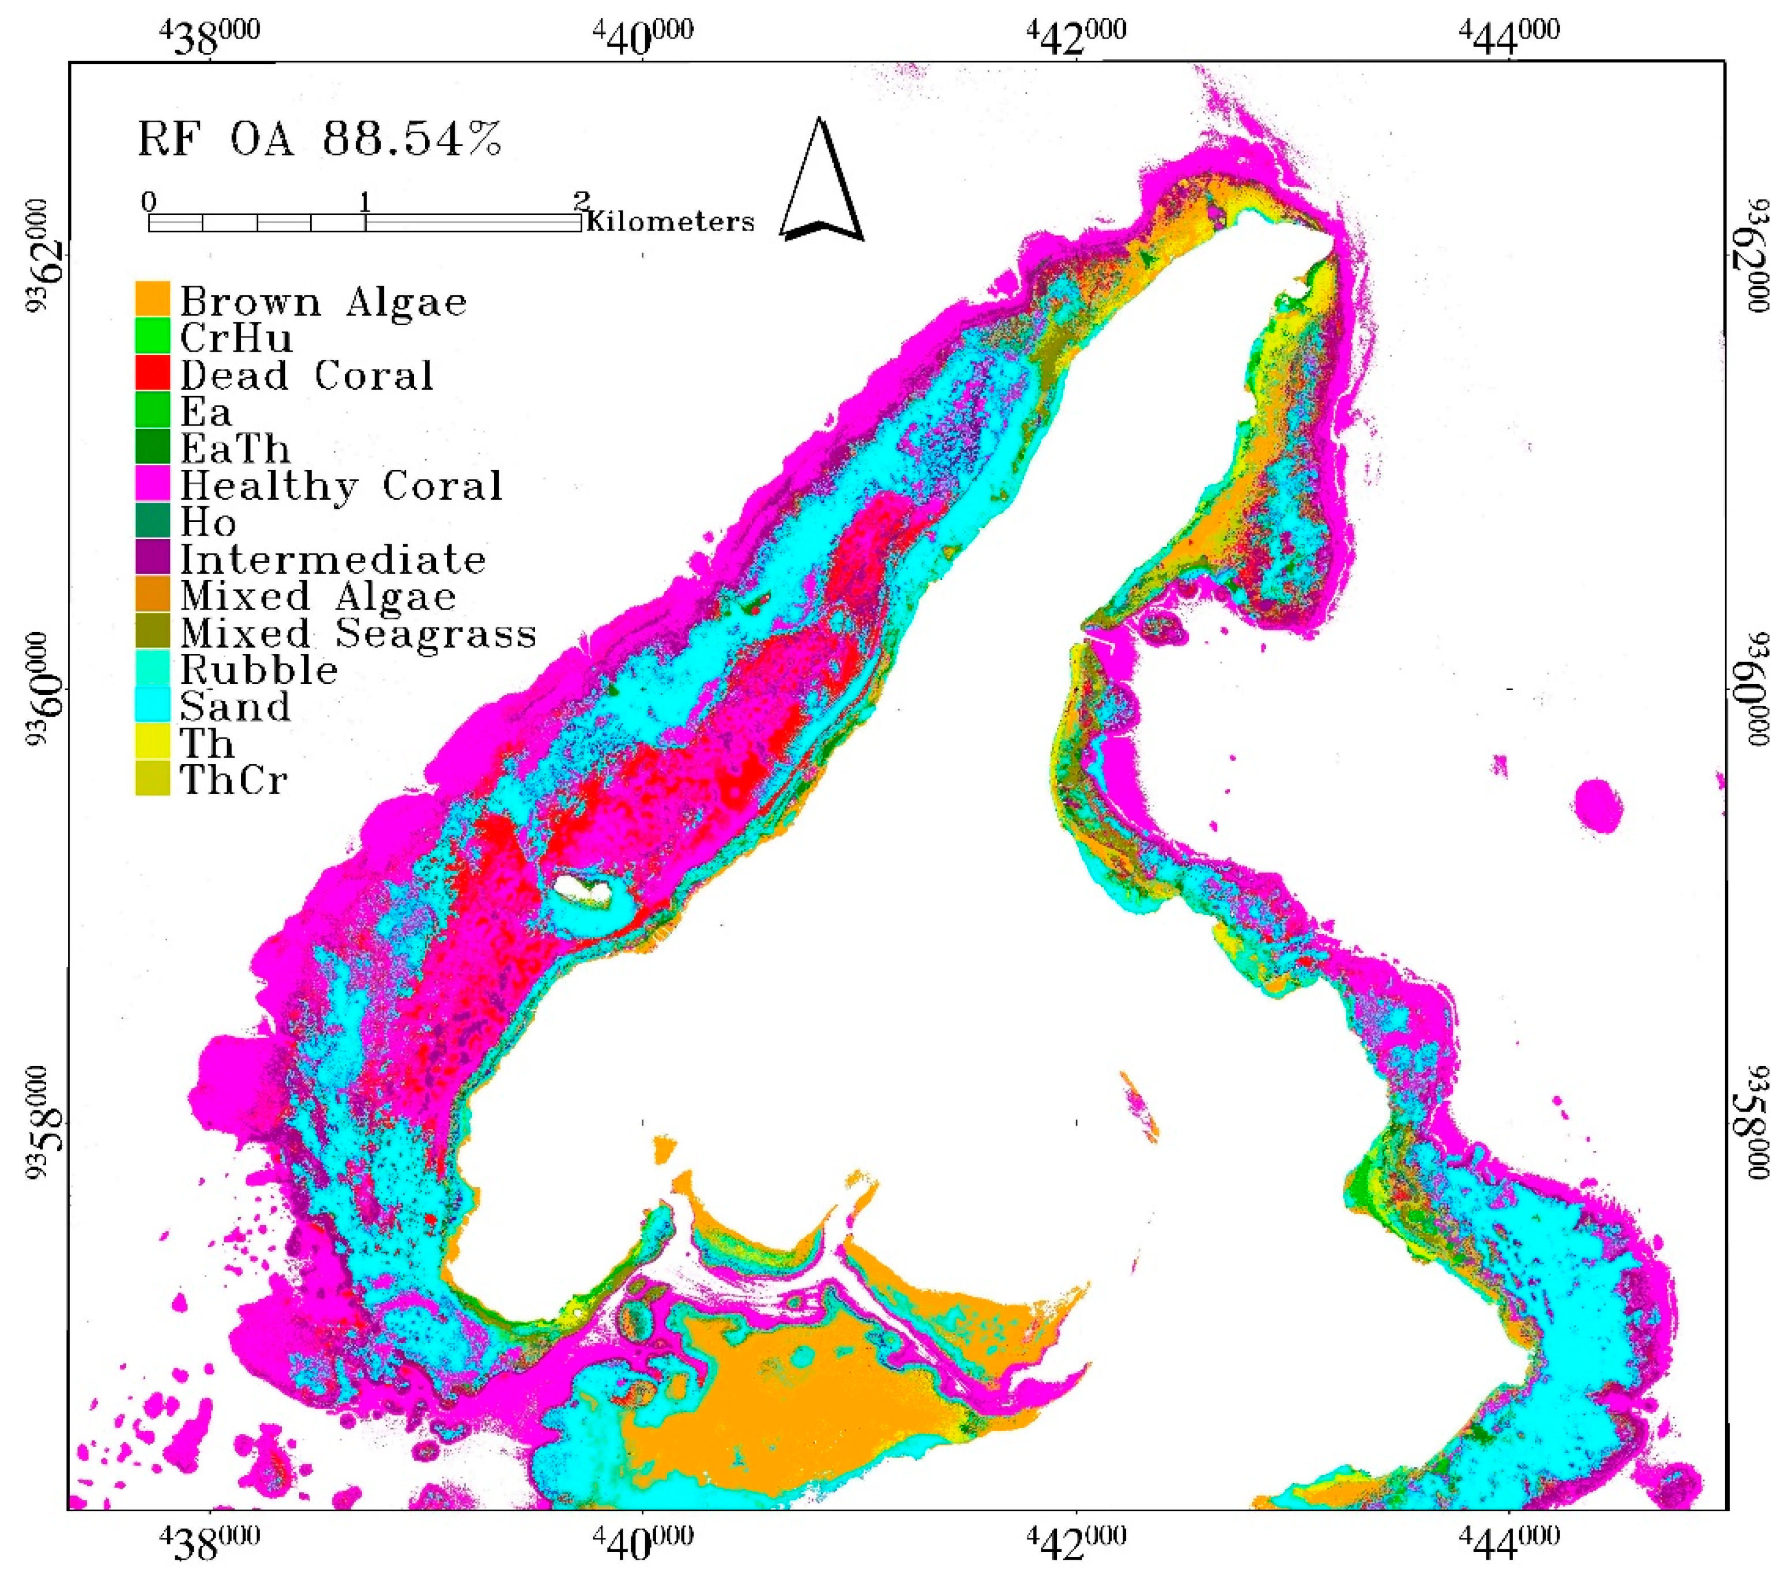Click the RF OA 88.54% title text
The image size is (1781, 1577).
tap(320, 140)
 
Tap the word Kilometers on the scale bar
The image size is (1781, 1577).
tap(670, 222)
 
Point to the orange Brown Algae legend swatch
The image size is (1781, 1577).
tap(152, 299)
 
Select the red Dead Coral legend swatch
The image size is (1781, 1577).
tap(152, 373)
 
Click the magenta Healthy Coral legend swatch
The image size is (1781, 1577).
tap(152, 484)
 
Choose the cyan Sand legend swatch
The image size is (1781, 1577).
tap(152, 705)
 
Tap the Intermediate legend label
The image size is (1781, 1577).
tap(333, 559)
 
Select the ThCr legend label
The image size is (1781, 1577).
tap(234, 780)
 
